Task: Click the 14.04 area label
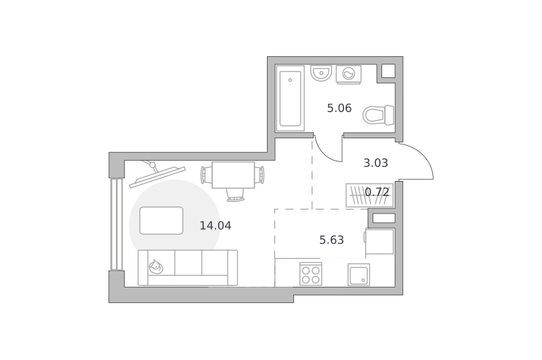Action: (x=215, y=226)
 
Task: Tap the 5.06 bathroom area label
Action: (x=339, y=108)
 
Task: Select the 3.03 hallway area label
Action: (x=376, y=163)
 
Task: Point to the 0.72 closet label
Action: (x=377, y=192)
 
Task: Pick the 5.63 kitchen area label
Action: (x=331, y=240)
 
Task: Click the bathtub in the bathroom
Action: (x=290, y=98)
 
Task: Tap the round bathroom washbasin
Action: (x=321, y=73)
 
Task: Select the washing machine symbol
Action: (x=348, y=75)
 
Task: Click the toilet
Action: (x=378, y=115)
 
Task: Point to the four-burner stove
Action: (x=311, y=274)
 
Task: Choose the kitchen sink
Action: (x=358, y=275)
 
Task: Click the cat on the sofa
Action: (x=156, y=266)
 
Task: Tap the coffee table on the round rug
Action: (x=161, y=220)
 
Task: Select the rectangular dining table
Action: (x=233, y=175)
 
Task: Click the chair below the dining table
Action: (x=235, y=195)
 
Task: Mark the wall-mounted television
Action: (x=157, y=175)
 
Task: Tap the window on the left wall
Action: (x=117, y=224)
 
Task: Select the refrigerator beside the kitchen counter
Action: (x=379, y=241)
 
